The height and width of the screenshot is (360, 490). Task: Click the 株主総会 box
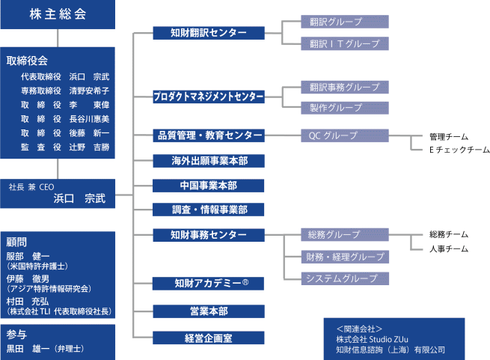[x=58, y=14]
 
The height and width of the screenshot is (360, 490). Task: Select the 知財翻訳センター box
[x=209, y=33]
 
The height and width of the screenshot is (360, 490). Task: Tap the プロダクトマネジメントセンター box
[x=209, y=97]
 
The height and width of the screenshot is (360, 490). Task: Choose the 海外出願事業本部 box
[x=209, y=161]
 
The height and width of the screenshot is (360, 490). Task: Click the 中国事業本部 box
[x=209, y=186]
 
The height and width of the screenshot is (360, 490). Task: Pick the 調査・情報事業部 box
[x=209, y=210]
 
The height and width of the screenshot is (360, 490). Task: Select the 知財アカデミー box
[x=209, y=284]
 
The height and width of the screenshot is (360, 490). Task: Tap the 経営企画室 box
[x=209, y=338]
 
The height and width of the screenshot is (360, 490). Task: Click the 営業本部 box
[x=209, y=311]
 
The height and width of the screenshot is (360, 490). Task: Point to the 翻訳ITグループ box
[x=345, y=43]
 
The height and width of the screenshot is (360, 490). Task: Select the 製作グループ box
[x=345, y=108]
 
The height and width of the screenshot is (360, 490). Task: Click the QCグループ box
[x=345, y=135]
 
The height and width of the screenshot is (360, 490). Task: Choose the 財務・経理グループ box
[x=345, y=257]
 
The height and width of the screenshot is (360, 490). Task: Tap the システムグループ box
[x=345, y=278]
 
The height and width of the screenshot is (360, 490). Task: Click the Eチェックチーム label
[x=459, y=150]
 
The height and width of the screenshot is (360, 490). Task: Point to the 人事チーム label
[x=449, y=249]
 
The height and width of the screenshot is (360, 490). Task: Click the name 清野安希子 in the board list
[x=89, y=91]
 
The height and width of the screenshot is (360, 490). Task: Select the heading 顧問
[x=16, y=242]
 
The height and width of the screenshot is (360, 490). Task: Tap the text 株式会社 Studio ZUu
[x=373, y=339]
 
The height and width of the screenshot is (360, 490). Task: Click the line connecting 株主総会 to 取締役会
[x=58, y=38]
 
